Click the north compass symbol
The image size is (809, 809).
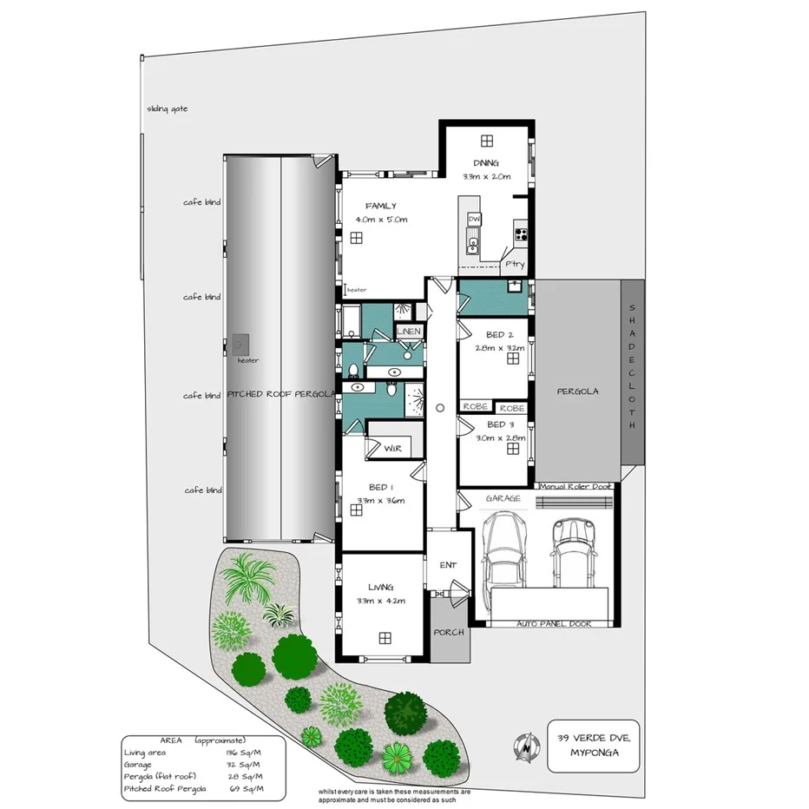pyautogui.click(x=525, y=747)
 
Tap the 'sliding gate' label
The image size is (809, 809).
pyautogui.click(x=167, y=109)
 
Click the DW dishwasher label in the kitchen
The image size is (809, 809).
pyautogui.click(x=474, y=220)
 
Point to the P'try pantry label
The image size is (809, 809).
pyautogui.click(x=514, y=265)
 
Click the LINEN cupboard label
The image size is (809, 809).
pyautogui.click(x=409, y=332)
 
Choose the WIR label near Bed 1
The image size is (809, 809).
pyautogui.click(x=391, y=448)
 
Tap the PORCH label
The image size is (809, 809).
pyautogui.click(x=451, y=632)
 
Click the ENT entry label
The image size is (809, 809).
pyautogui.click(x=448, y=565)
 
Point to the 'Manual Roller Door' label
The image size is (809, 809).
pyautogui.click(x=576, y=487)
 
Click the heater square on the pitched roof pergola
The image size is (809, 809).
pyautogui.click(x=240, y=345)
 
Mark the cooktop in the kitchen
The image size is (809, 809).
pyautogui.click(x=522, y=233)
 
